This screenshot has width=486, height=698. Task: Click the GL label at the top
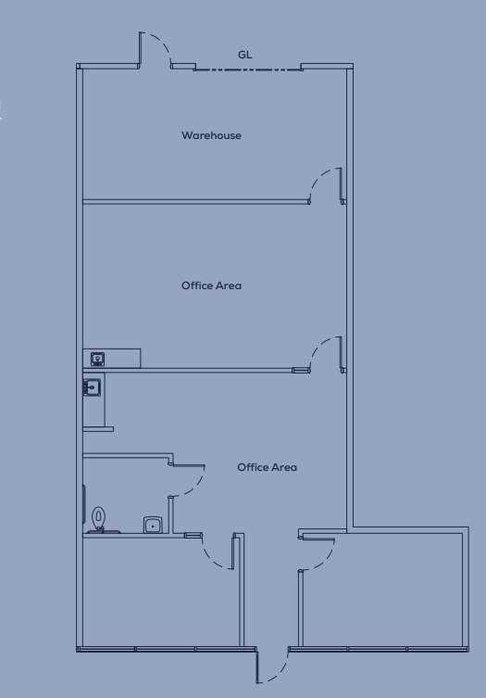coord(244,55)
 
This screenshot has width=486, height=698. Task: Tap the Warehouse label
coord(211,135)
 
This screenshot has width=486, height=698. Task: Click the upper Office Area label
coord(211,286)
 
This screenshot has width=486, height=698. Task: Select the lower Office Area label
coord(267,467)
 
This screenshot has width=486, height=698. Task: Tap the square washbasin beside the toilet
coord(153,525)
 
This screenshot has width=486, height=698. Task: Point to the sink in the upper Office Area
coord(97,358)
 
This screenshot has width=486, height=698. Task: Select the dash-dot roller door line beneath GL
coord(248,69)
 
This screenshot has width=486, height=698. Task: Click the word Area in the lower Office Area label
coord(283,467)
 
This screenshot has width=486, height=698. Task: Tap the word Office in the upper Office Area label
coord(196,286)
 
